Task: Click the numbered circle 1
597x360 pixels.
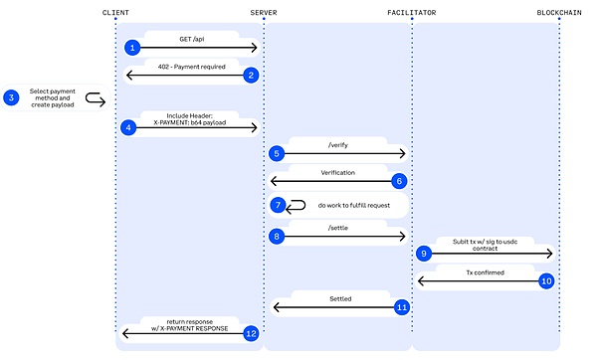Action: pyautogui.click(x=132, y=48)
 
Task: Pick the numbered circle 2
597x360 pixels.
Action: pyautogui.click(x=251, y=75)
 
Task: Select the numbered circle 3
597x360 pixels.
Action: pyautogui.click(x=11, y=97)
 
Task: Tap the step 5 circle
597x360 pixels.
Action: pyautogui.click(x=277, y=153)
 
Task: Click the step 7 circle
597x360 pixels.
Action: pyautogui.click(x=278, y=205)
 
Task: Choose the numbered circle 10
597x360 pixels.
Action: pyautogui.click(x=546, y=281)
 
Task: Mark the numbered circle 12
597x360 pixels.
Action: pyautogui.click(x=251, y=334)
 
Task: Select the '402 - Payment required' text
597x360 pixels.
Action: pyautogui.click(x=192, y=66)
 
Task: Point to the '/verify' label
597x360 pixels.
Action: pyautogui.click(x=337, y=145)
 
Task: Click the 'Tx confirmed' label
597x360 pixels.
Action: pyautogui.click(x=485, y=271)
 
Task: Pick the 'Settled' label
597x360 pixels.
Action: pyautogui.click(x=338, y=297)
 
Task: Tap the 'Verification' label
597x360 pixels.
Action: pyautogui.click(x=338, y=172)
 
